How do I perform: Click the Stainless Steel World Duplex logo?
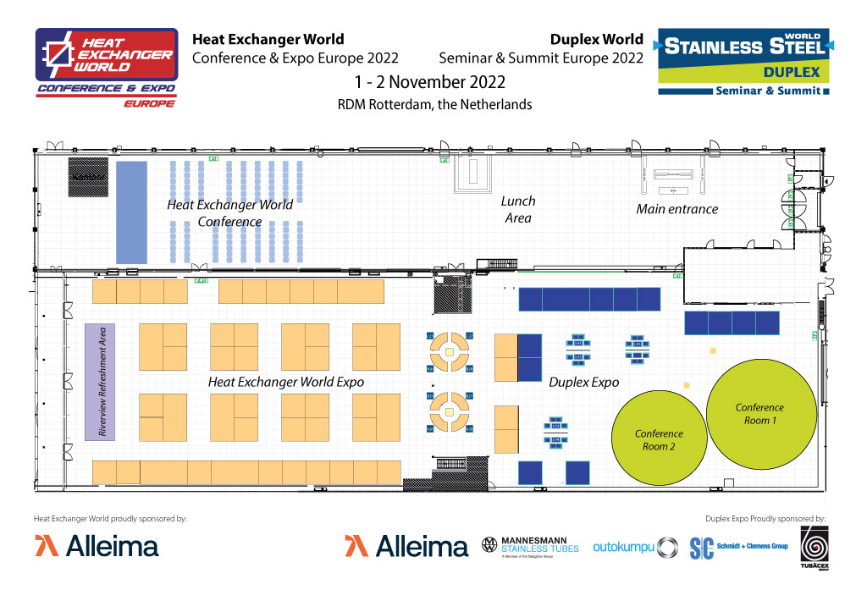pos(743,63)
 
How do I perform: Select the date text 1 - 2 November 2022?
pos(432,82)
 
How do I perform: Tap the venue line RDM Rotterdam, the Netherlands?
pos(434,105)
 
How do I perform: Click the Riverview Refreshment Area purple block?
pos(101,381)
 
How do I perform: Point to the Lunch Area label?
pos(518,210)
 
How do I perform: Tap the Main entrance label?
pos(676,209)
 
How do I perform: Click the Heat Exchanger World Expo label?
pos(286,382)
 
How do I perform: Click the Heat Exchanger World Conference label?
pos(229,212)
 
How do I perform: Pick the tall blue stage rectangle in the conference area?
pos(131,212)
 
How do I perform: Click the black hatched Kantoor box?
pos(88,177)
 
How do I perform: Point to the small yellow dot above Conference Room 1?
pos(713,350)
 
